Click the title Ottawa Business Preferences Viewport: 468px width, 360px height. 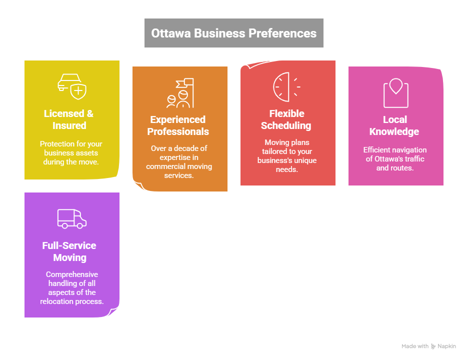233,33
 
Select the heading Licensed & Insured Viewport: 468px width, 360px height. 68,119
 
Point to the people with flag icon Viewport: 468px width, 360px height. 180,93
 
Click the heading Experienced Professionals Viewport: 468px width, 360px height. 178,125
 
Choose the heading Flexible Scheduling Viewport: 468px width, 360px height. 286,119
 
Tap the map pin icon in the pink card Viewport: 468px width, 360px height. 395,92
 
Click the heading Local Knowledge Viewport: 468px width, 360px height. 394,125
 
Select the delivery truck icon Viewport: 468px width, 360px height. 72,218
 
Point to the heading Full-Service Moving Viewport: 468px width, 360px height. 69,251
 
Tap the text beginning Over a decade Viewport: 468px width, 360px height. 178,162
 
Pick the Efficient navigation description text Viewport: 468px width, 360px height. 395,159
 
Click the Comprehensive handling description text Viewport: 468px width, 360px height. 72,288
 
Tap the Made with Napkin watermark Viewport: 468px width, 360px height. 428,346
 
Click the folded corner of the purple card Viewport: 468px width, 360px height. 113,312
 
